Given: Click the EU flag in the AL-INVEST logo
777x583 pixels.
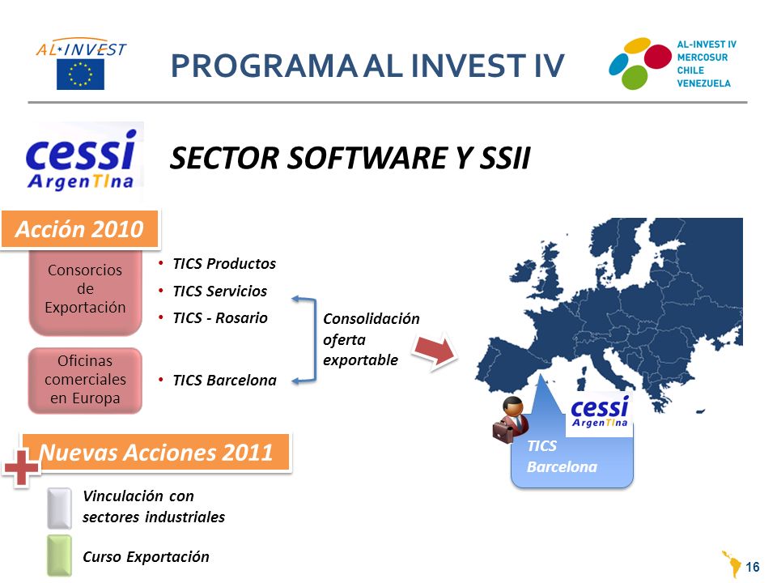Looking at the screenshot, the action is pos(80,74).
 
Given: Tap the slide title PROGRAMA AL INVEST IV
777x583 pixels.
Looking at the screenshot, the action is pos(367,66).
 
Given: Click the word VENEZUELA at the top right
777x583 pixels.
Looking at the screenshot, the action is pos(703,83).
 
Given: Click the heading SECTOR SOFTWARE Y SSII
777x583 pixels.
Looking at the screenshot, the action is pos(350,158).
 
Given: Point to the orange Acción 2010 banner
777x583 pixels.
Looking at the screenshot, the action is pos(80,229).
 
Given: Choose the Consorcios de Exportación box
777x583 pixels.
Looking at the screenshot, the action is pos(85,291).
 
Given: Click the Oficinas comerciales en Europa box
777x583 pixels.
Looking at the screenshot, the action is pos(85,380).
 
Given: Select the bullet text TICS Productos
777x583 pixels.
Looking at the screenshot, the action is pos(224,264).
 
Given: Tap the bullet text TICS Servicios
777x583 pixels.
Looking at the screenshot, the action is pos(219,291).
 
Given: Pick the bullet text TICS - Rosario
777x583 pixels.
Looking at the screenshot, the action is pos(220,317).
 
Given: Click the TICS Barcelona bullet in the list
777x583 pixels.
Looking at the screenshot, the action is pos(224,381).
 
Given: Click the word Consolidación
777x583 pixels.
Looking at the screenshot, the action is pos(372,318).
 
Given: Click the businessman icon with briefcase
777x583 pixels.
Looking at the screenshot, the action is pos(511,419).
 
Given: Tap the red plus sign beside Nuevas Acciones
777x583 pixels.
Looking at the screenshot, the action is pos(21,467).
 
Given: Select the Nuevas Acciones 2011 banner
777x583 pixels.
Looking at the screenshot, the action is pos(156,452).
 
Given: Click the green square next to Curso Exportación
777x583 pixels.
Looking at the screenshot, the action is pos(59,555).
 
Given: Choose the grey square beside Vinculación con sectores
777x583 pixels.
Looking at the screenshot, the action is pos(59,509).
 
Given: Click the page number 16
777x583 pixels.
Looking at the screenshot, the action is pos(752,567).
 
